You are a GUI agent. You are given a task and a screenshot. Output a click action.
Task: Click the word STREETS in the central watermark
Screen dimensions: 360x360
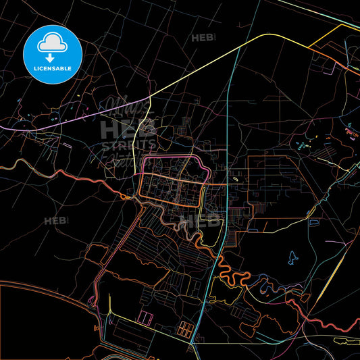[x=128, y=145]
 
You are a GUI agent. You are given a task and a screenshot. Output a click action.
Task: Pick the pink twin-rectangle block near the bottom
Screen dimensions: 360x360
[x=145, y=317]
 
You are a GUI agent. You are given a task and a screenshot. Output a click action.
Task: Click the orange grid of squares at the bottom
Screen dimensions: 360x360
[x=184, y=329]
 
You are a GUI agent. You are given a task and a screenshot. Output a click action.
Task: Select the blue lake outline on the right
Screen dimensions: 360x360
[x=292, y=257]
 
